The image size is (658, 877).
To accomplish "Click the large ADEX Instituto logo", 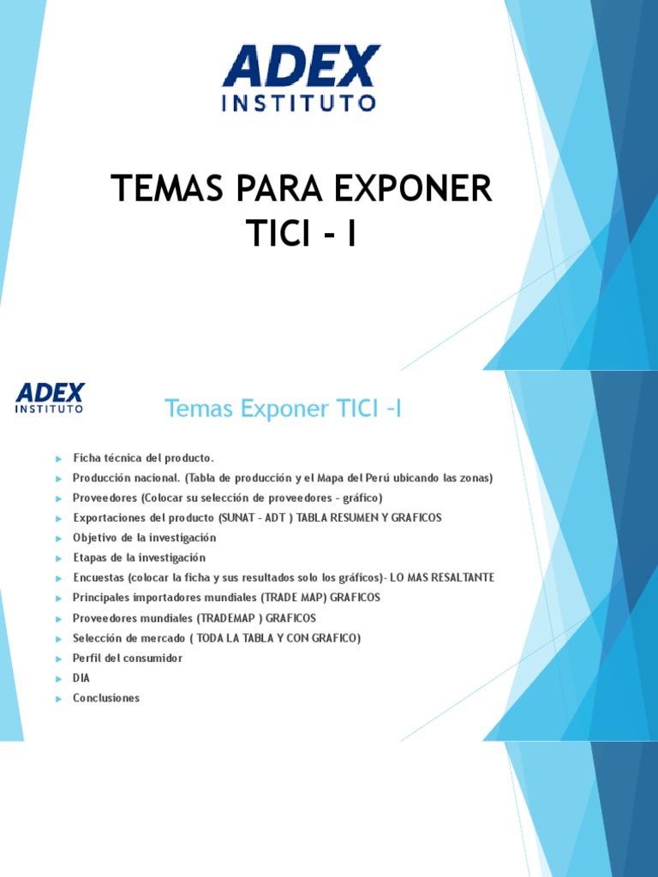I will pos(300,78).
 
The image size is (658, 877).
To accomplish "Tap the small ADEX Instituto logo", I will pos(51,398).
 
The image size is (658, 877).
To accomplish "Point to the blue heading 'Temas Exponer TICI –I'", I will pos(283,409).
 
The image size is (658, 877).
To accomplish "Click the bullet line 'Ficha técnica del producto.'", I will pos(143,458).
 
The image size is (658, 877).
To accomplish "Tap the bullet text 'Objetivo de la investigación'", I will pos(145,538).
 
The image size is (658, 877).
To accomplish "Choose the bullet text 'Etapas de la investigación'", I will pos(140,558).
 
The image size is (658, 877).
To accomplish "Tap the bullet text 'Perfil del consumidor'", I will pos(128,659).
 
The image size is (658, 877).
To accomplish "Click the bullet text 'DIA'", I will pos(81,678).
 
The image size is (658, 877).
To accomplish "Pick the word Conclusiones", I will pos(106,698).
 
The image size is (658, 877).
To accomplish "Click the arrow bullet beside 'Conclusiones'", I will pos(58,699).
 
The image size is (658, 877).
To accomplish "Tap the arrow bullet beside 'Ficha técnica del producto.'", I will pos(58,459).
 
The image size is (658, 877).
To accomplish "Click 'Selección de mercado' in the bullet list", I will pos(126,638).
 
